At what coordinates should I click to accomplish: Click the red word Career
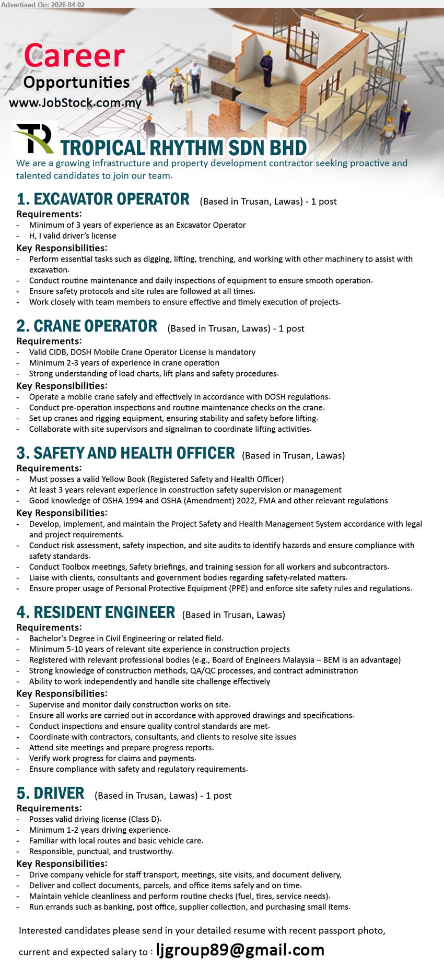pyautogui.click(x=74, y=56)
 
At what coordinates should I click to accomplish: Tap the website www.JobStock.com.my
pyautogui.click(x=75, y=103)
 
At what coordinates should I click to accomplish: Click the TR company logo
pyautogui.click(x=34, y=138)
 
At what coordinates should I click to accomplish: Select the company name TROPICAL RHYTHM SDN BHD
pyautogui.click(x=183, y=148)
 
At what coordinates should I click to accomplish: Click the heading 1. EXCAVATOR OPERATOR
pyautogui.click(x=103, y=199)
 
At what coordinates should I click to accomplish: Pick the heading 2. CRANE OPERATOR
pyautogui.click(x=87, y=326)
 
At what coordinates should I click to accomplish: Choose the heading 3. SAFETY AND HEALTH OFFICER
pyautogui.click(x=125, y=453)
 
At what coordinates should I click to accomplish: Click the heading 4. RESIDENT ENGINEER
pyautogui.click(x=96, y=612)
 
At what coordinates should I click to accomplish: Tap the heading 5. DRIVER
pyautogui.click(x=50, y=794)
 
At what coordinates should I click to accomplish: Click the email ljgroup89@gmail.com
pyautogui.click(x=240, y=950)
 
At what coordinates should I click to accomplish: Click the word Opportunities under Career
pyautogui.click(x=76, y=82)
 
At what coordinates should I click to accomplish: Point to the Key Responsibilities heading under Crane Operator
pyautogui.click(x=62, y=386)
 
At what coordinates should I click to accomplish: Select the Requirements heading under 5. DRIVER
pyautogui.click(x=49, y=808)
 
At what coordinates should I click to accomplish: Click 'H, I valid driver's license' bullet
pyautogui.click(x=73, y=236)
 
